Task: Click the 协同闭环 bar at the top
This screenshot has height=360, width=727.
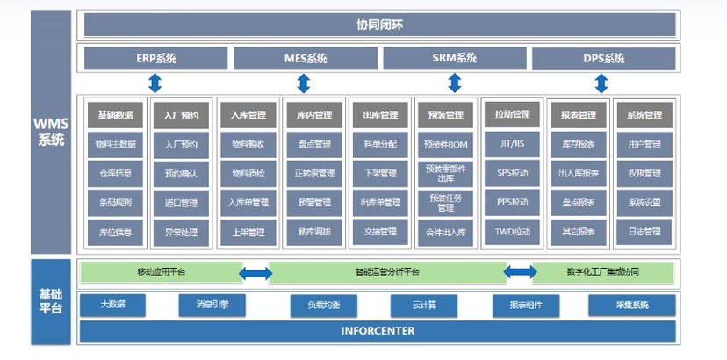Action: (378, 24)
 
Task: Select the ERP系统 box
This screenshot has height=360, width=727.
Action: (155, 59)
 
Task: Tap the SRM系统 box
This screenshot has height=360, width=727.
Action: (454, 59)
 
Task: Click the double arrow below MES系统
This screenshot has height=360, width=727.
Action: (304, 83)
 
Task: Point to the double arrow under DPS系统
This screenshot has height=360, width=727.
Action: (601, 83)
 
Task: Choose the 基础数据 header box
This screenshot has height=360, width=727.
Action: (115, 115)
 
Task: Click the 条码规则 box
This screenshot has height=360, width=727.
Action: (115, 203)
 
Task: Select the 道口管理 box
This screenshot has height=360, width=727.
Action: (181, 203)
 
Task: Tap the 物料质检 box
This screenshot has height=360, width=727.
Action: (248, 173)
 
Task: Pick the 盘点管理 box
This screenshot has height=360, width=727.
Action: (313, 144)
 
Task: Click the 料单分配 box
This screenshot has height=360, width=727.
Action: (379, 144)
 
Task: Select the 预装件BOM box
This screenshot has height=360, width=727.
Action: (445, 144)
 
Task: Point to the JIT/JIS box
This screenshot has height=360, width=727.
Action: (512, 144)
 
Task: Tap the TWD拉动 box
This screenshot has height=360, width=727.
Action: (512, 232)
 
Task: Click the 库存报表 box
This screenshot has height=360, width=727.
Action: (579, 144)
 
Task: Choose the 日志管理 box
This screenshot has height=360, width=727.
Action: (644, 232)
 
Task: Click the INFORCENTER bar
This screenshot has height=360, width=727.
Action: (378, 331)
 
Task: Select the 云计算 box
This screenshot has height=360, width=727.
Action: (424, 306)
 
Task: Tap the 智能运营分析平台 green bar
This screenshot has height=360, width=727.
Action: (388, 272)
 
